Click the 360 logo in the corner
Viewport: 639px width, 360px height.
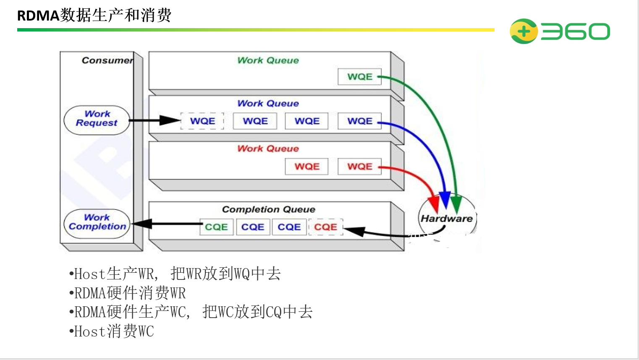560,31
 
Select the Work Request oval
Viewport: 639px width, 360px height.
97,120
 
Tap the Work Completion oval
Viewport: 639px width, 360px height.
97,223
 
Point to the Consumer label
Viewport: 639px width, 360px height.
107,60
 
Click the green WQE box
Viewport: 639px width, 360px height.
360,77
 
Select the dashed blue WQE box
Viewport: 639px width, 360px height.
202,121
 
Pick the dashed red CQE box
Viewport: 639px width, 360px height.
326,227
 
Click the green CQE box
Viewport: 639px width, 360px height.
216,227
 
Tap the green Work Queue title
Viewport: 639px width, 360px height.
268,60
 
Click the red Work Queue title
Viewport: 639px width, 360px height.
268,149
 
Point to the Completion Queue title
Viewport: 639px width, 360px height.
268,209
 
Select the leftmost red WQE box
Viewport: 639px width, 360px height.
307,167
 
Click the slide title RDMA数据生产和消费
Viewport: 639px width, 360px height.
94,16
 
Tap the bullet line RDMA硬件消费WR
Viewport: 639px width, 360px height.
128,293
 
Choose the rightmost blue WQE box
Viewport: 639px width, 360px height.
360,121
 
